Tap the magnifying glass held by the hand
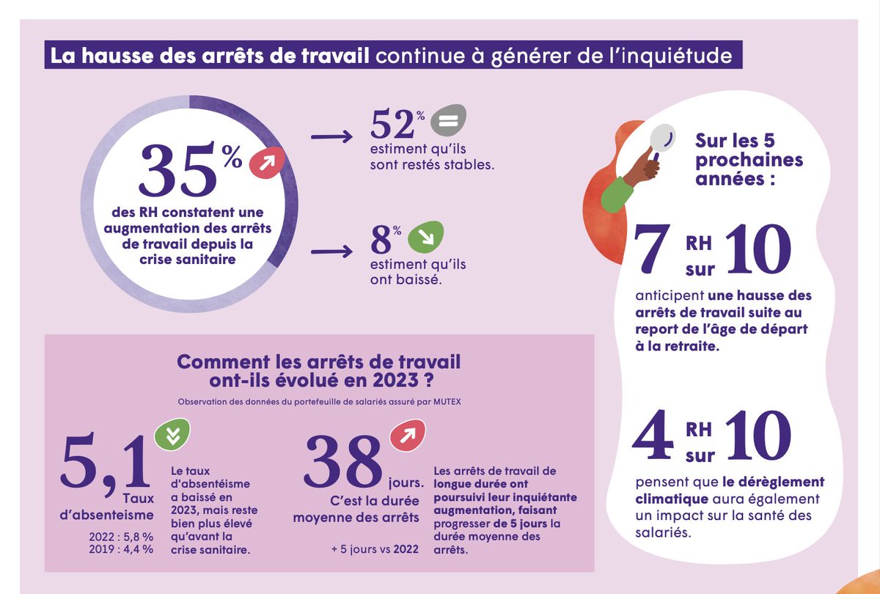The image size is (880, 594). [662, 139]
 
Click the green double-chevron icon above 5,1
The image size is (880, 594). [173, 436]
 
